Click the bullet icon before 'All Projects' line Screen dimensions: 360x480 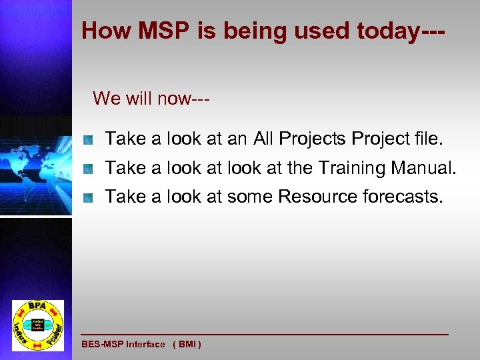tap(87, 140)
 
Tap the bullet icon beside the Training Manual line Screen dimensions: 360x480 tap(87, 169)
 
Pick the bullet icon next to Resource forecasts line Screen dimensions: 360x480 tap(87, 197)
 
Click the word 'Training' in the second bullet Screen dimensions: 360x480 tap(351, 168)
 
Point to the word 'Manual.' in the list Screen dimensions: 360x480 tap(423, 168)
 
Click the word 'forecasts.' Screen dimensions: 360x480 tap(402, 196)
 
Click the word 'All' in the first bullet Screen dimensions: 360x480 tap(264, 139)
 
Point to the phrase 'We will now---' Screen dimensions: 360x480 tap(151, 99)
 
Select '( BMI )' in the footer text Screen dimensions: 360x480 tap(187, 345)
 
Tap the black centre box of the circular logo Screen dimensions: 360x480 tap(38, 326)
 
